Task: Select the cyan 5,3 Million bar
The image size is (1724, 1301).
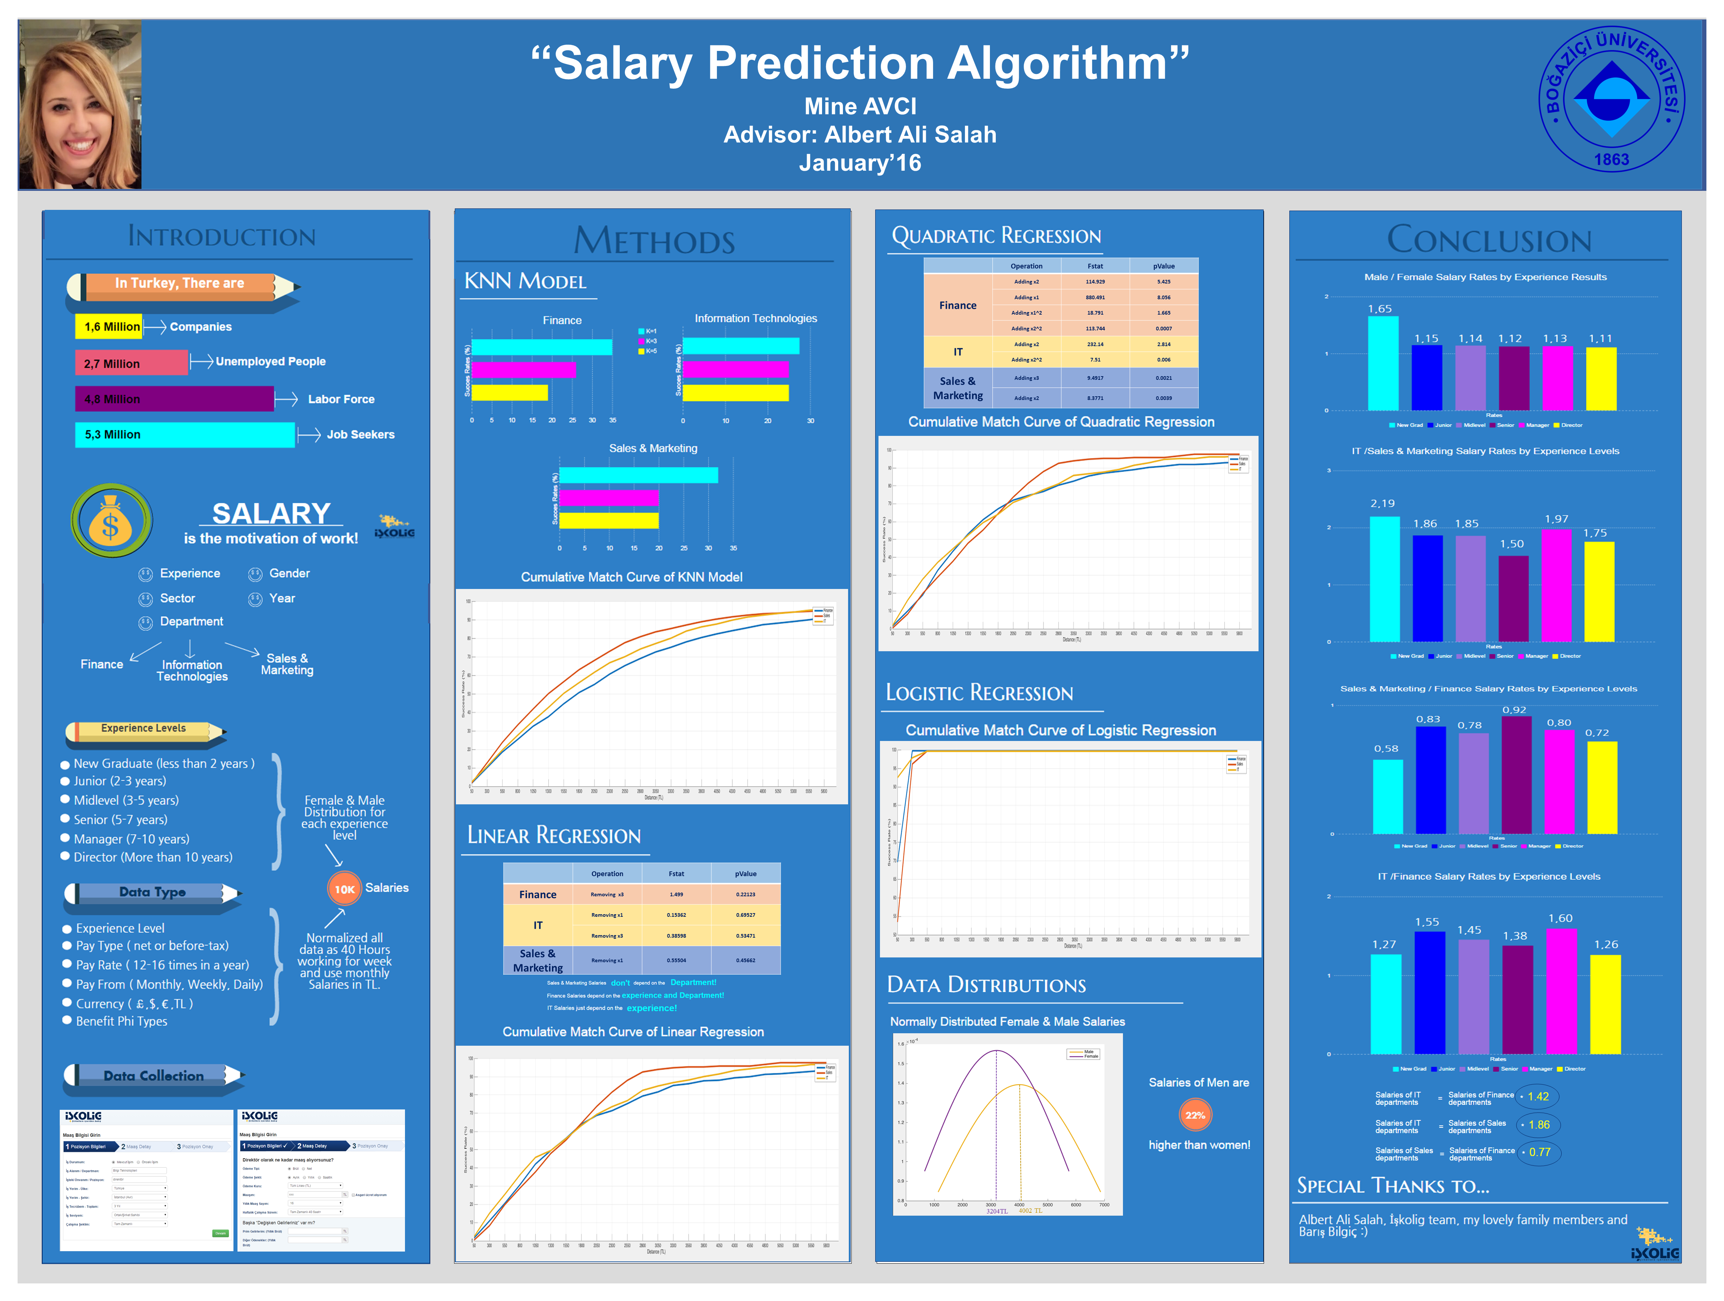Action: click(x=185, y=435)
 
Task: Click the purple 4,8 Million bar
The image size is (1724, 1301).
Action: click(x=174, y=399)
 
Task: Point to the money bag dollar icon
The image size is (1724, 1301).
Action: click(x=111, y=520)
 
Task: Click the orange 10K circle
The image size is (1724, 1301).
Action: click(x=345, y=889)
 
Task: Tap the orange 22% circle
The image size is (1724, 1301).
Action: click(x=1195, y=1115)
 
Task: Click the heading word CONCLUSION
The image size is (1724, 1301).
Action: click(x=1489, y=240)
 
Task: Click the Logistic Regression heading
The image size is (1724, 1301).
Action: click(x=979, y=693)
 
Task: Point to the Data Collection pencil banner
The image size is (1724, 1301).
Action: click(x=154, y=1076)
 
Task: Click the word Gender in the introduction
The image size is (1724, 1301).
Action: click(x=289, y=573)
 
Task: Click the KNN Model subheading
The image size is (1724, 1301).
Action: click(x=525, y=281)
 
